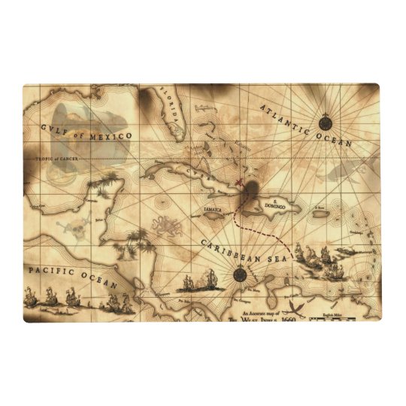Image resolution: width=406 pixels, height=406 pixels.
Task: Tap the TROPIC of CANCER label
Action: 53,159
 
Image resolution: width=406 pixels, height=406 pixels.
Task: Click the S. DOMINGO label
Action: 281,201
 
